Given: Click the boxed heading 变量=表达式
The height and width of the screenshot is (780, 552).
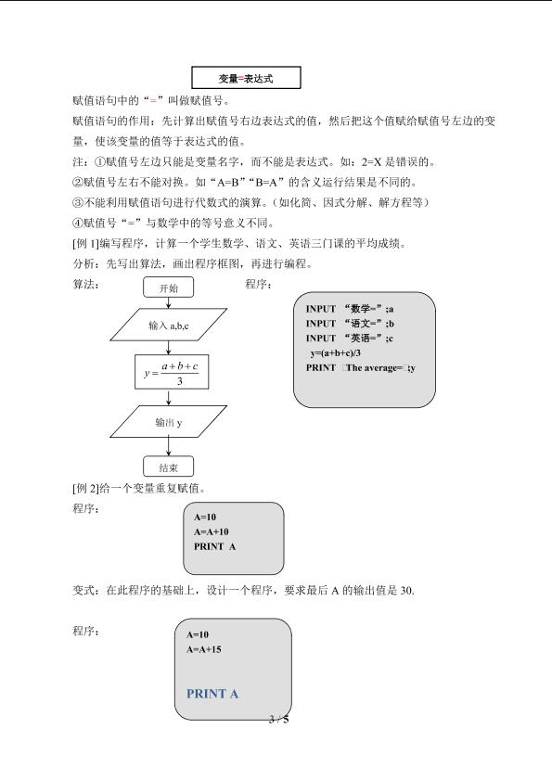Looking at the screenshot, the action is point(246,78).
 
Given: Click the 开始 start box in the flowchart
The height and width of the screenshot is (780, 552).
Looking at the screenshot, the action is point(168,288).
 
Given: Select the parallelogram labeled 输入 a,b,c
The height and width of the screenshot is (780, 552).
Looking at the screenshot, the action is point(168,325).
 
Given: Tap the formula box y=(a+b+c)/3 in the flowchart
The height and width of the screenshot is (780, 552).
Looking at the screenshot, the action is point(172,372).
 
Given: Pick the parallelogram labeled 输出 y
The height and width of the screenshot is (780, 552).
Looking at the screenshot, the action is point(168,422).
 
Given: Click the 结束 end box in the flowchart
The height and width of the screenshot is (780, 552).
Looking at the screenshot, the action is point(168,467).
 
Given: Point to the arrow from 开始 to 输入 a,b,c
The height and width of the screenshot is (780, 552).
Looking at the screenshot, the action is point(168,303).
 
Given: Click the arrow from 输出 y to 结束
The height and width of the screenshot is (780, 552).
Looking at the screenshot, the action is point(168,447).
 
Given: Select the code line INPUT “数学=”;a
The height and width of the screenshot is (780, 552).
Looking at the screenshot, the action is point(350,309).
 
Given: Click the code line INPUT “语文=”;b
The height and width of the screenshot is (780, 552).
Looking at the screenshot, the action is point(350,324).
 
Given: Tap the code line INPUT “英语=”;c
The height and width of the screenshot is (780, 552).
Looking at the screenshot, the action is point(350,339).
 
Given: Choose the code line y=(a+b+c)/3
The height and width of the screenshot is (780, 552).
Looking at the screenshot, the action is point(336,353).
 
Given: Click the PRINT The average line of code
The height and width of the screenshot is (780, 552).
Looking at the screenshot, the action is point(360,368).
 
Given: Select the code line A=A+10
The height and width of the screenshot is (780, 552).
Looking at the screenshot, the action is point(211,531).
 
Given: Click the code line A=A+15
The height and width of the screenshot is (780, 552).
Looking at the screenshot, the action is point(203,649).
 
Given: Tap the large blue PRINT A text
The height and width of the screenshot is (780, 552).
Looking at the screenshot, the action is point(212,694).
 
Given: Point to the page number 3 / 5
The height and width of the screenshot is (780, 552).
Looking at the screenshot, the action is point(278,719).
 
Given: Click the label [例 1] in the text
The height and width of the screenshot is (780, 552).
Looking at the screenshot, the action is point(85,243).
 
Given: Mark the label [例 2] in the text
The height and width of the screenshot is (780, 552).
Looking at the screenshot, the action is point(85,488).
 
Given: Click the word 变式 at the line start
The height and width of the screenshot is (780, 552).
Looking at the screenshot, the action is point(83,591).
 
